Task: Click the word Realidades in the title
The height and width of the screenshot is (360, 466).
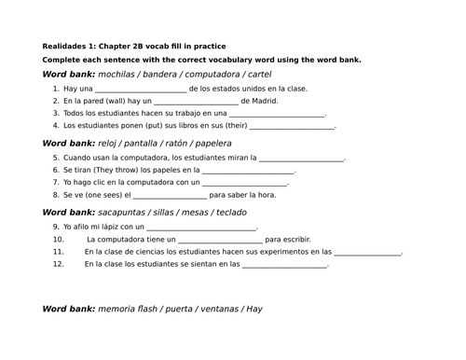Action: point(63,46)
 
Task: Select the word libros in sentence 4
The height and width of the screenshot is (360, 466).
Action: point(193,125)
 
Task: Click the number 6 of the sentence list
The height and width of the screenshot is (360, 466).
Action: point(56,172)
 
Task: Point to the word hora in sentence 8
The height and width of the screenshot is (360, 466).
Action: point(267,195)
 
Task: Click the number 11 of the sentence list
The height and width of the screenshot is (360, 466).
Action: point(58,252)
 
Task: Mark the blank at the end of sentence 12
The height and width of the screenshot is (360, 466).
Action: point(284,264)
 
